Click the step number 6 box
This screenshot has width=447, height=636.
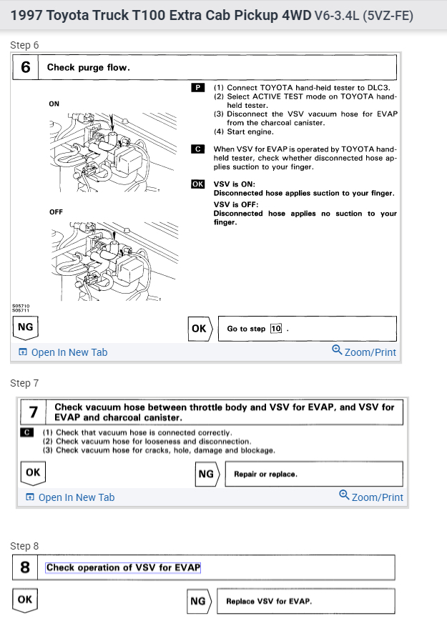coord(26,68)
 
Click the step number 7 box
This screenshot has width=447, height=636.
coord(34,412)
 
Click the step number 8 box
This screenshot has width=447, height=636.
coord(25,568)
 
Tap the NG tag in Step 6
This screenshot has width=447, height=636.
coord(25,327)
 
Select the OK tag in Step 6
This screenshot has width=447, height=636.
coord(199,328)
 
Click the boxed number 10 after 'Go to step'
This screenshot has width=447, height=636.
coord(276,329)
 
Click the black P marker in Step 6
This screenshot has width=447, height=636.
coord(198,88)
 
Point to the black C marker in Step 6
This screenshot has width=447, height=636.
coord(198,149)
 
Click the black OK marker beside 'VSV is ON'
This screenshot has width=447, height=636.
coord(198,184)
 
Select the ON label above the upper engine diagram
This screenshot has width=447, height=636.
coord(54,104)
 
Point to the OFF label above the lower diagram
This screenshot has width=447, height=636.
coord(56,212)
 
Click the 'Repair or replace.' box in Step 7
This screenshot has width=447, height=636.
coord(313,474)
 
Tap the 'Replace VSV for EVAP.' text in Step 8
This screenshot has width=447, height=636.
coord(269,601)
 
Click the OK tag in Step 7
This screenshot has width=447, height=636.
coord(33,472)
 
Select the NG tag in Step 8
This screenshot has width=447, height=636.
coord(198,601)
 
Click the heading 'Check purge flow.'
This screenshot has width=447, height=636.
coord(88,68)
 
